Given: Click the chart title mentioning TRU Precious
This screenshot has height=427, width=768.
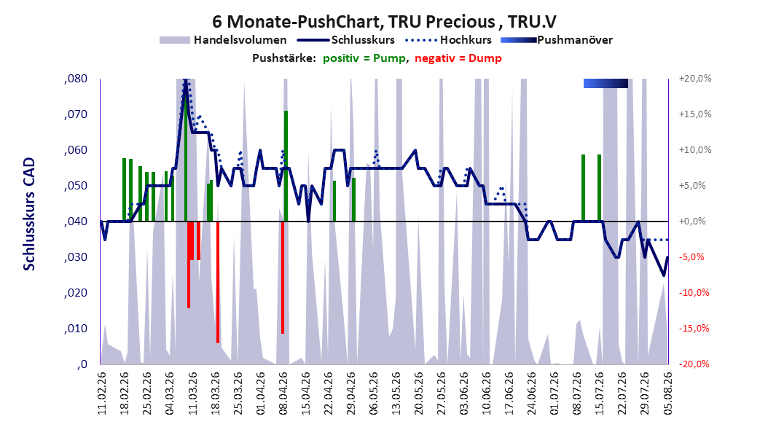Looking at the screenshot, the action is [384, 22].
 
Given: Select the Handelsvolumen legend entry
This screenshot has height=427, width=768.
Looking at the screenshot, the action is [224, 40].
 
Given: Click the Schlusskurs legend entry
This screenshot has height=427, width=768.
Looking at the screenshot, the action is [345, 40].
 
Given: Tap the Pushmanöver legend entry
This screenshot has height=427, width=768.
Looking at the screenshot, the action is [557, 40].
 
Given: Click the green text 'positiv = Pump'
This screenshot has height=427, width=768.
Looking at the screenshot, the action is [364, 58].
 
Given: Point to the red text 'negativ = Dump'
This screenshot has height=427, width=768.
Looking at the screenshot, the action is [458, 58].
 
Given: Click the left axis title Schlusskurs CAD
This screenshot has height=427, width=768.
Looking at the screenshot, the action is [29, 213].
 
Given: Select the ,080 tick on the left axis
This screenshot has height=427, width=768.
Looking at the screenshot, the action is [76, 79].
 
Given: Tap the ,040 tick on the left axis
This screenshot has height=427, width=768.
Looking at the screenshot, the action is [76, 222].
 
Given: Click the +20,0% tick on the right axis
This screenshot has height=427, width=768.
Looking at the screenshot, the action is [695, 79].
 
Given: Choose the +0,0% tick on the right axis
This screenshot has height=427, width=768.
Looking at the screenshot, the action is [692, 222].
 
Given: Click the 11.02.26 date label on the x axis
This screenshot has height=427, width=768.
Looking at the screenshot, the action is [102, 393].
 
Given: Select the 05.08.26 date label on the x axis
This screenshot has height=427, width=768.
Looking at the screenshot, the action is [667, 393].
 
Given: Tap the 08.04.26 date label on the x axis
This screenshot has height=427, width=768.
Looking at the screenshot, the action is [283, 393].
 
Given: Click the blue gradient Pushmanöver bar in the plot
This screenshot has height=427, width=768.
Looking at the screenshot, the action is [606, 83].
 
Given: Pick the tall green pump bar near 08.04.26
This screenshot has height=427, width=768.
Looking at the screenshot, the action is [286, 166].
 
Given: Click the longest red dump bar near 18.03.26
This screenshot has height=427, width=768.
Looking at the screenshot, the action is [217, 282].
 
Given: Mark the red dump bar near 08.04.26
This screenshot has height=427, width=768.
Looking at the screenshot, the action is [283, 277].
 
